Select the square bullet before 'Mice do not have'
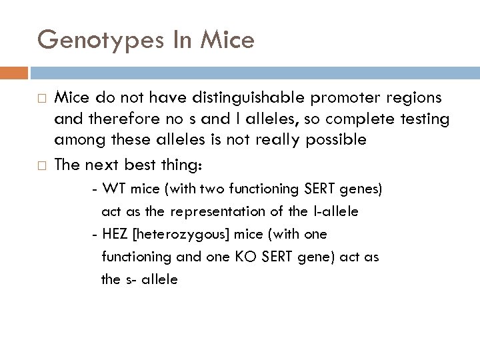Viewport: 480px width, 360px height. [41, 99]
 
